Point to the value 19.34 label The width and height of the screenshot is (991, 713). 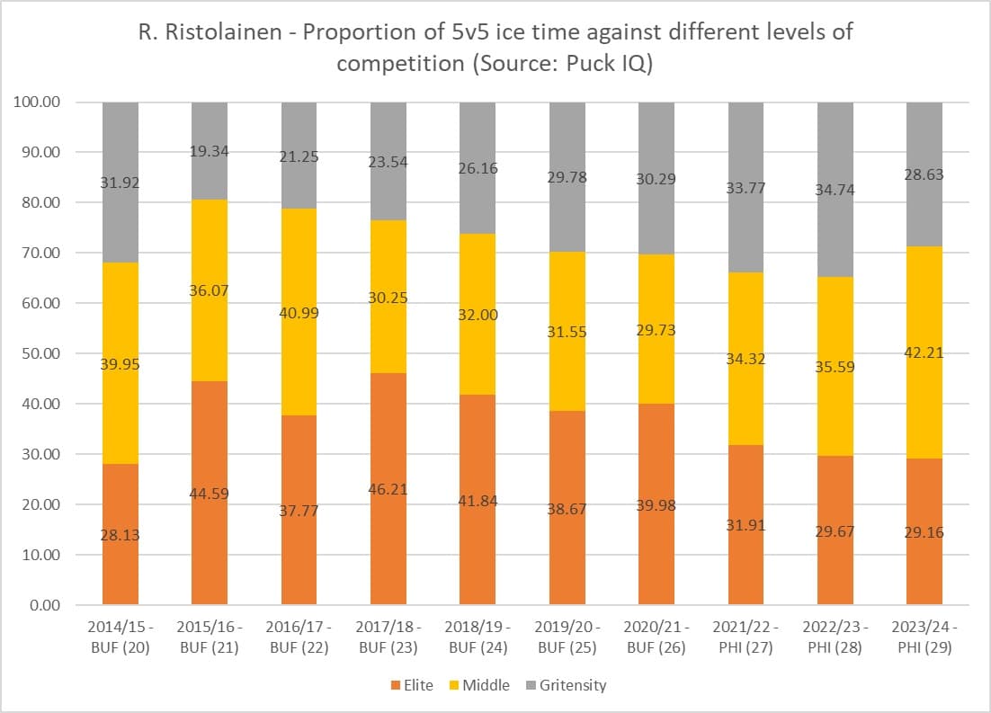tap(210, 151)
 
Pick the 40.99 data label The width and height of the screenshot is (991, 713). tap(299, 313)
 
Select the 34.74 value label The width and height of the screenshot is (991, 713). tap(835, 190)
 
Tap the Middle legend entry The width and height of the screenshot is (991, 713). tap(486, 685)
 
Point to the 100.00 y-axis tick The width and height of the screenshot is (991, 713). tap(38, 102)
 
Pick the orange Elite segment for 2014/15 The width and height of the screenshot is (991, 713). tap(120, 534)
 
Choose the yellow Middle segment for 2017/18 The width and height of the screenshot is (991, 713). tap(388, 297)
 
